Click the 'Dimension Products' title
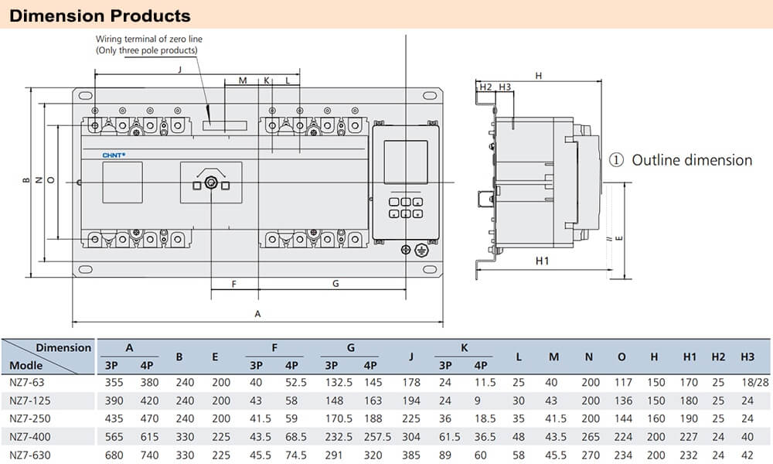coord(100,15)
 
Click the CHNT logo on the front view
coord(114,155)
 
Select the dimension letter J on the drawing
coord(179,70)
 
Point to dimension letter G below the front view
coord(335,284)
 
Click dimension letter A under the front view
coord(257,314)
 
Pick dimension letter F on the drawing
coord(233,284)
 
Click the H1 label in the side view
coord(542,261)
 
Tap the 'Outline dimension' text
coord(691,160)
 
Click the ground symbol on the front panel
coord(421,250)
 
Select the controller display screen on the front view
coord(406,163)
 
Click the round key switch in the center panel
coord(210,184)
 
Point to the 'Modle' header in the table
coord(26,365)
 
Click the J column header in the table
coord(411,357)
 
